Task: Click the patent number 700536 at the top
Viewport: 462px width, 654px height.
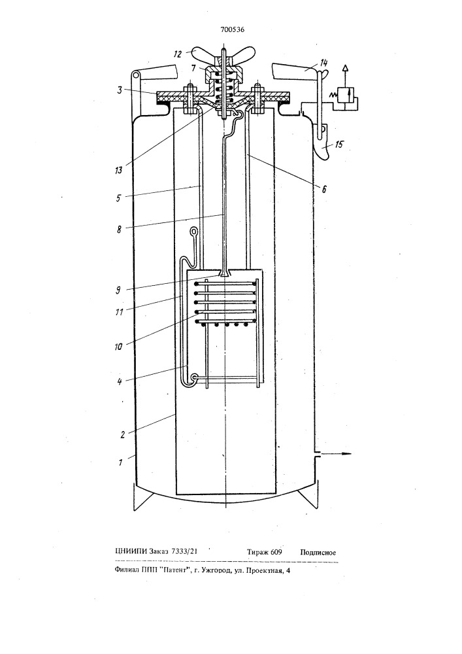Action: click(x=232, y=29)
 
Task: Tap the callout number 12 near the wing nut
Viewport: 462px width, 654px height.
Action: click(x=178, y=54)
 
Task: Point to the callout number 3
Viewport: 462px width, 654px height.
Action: click(x=120, y=90)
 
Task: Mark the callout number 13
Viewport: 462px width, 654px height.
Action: click(x=119, y=170)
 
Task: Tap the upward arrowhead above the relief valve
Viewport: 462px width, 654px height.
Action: click(x=345, y=68)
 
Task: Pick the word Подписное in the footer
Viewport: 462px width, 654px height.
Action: click(x=318, y=553)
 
